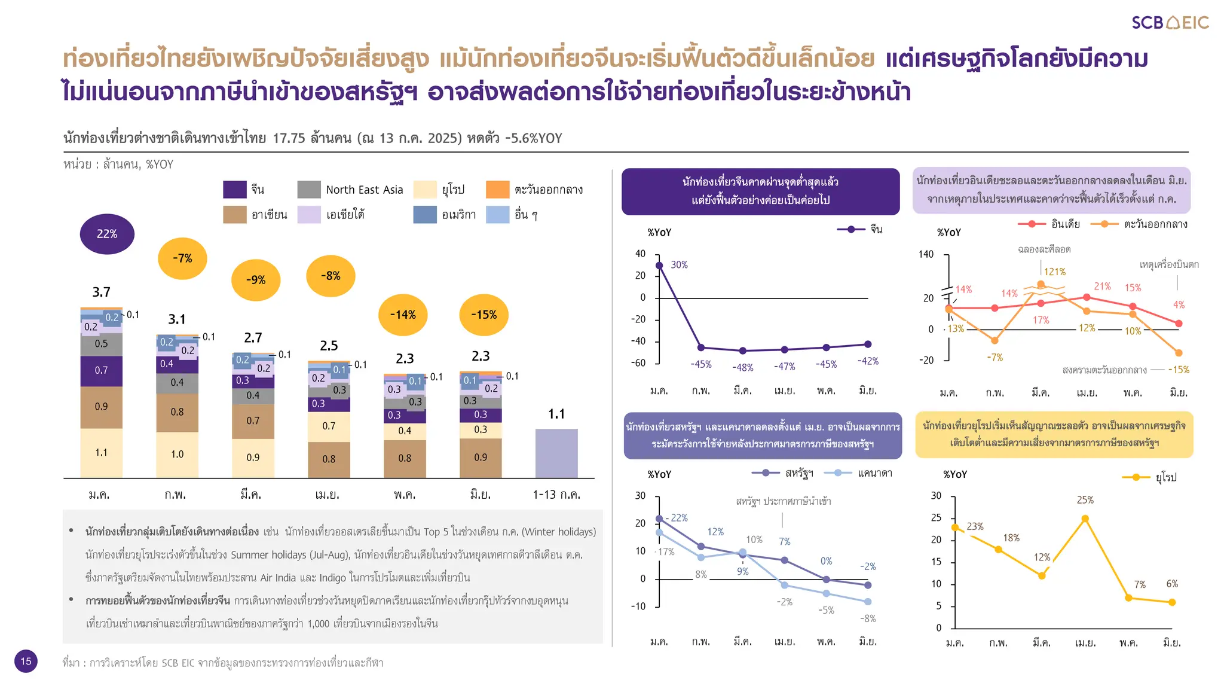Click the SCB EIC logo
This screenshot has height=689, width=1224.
(x=1170, y=23)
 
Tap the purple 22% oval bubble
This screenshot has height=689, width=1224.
(x=107, y=234)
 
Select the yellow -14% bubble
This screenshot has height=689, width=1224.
(x=403, y=315)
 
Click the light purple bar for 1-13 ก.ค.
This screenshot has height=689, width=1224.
(x=556, y=453)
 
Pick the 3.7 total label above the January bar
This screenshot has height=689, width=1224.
(x=101, y=292)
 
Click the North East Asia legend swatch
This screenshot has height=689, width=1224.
(x=309, y=190)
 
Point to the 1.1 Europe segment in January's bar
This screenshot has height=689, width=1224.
(x=101, y=453)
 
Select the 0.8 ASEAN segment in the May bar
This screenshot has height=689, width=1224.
(x=405, y=458)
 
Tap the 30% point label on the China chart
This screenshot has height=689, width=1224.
(x=679, y=264)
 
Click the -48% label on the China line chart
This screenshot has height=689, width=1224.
(x=742, y=367)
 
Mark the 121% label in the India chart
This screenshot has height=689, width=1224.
(x=1054, y=272)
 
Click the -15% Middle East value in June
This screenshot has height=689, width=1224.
(x=1178, y=370)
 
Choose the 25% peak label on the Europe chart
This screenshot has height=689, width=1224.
(x=1085, y=500)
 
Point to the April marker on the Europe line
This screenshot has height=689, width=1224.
(x=1085, y=519)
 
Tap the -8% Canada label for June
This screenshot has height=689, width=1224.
(x=868, y=618)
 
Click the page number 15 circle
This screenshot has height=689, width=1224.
(x=26, y=661)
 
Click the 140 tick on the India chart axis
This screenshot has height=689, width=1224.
(x=926, y=254)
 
